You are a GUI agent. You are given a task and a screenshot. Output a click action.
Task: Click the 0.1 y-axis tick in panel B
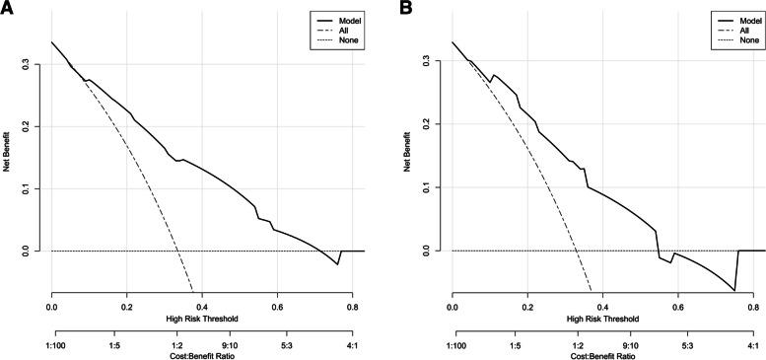(x=437, y=186)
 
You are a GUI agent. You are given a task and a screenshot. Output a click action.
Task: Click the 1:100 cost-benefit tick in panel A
(x=52, y=346)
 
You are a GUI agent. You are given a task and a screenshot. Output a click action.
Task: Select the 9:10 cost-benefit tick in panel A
(x=227, y=346)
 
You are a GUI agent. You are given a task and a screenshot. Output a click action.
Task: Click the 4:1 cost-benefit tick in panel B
(x=752, y=346)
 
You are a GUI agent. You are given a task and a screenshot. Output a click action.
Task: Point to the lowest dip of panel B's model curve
(x=733, y=290)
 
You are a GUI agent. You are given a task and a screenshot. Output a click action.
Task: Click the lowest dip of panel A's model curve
(x=337, y=264)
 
